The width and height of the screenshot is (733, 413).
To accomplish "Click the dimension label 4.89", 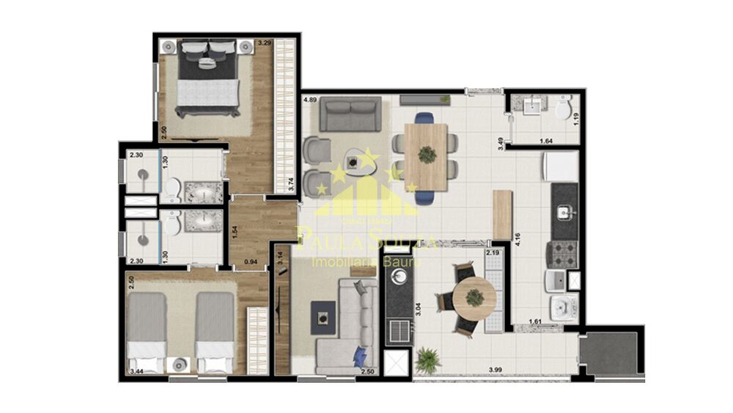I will (310, 100).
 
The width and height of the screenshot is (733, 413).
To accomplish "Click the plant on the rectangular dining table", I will (426, 155).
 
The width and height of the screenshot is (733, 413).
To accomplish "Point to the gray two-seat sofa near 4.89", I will (353, 114).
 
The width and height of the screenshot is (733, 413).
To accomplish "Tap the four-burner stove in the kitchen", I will (564, 254).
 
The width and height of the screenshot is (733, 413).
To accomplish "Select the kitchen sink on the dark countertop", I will (564, 213).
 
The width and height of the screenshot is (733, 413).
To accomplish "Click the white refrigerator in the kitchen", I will (560, 167).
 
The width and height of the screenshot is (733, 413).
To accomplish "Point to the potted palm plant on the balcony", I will (427, 360).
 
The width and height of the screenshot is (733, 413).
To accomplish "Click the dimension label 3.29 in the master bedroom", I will (264, 44).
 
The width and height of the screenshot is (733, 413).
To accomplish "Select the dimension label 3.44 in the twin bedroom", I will (136, 373).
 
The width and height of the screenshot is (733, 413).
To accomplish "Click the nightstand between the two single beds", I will (178, 362).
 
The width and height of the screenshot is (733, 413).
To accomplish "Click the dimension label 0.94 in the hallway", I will (250, 261).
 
